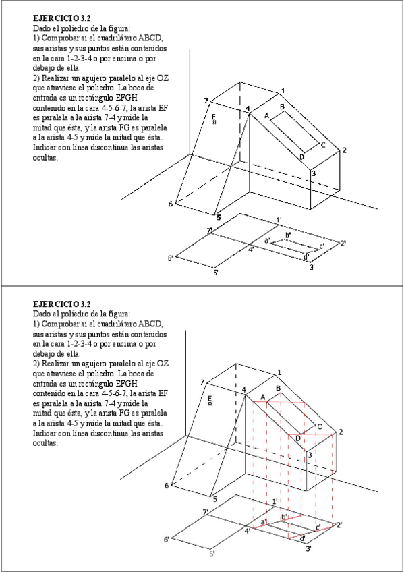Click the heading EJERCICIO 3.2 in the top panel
pos(61,18)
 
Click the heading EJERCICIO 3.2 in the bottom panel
pos(61,304)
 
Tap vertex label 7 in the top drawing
pos(206,101)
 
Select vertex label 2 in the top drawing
pos(344,150)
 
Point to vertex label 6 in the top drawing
pos(170,204)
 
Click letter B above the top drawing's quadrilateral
pos(282,107)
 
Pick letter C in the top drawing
pos(322,145)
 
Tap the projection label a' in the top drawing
pos(267,240)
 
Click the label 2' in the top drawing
pos(343,244)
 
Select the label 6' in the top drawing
pos(170,258)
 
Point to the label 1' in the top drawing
pos(279,220)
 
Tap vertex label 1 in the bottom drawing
pos(279,372)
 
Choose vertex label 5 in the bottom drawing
pos(214,499)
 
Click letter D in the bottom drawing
pos(298,438)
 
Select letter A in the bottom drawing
pos(263,397)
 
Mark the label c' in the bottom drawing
pos(318,527)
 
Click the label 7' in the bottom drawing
pos(206,513)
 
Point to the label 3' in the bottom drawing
pos(308,548)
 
